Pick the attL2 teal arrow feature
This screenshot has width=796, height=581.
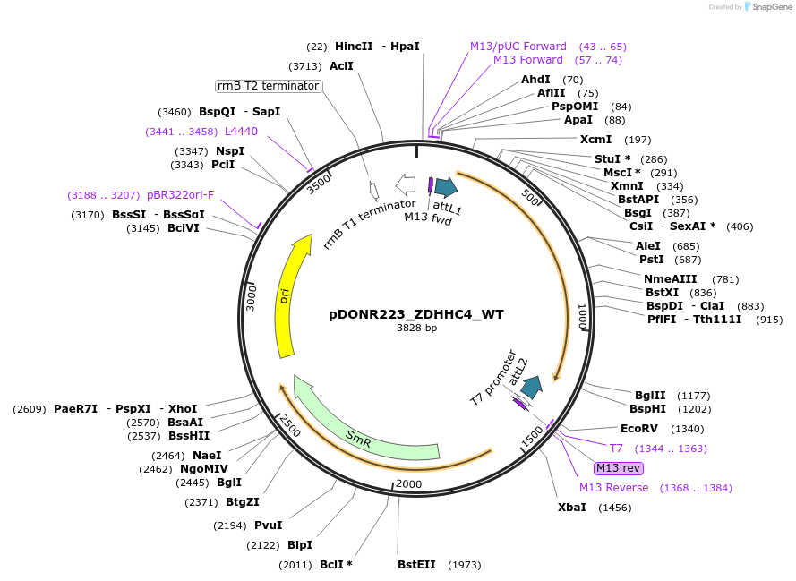(x=532, y=387)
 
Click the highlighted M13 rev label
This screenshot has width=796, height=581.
(x=618, y=468)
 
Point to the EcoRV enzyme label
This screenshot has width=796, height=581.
(x=638, y=429)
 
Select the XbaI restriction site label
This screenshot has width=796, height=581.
(x=572, y=508)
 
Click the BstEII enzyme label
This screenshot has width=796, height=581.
(x=416, y=565)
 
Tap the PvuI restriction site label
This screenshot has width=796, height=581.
(x=268, y=525)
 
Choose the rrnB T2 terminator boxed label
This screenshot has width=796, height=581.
(x=269, y=86)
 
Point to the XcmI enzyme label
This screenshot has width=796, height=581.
(x=595, y=140)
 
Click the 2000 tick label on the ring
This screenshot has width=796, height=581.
(x=408, y=484)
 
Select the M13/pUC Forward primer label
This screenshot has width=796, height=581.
(x=518, y=47)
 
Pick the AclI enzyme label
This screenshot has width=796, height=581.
(x=341, y=66)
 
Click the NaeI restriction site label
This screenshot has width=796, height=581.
(x=207, y=456)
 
